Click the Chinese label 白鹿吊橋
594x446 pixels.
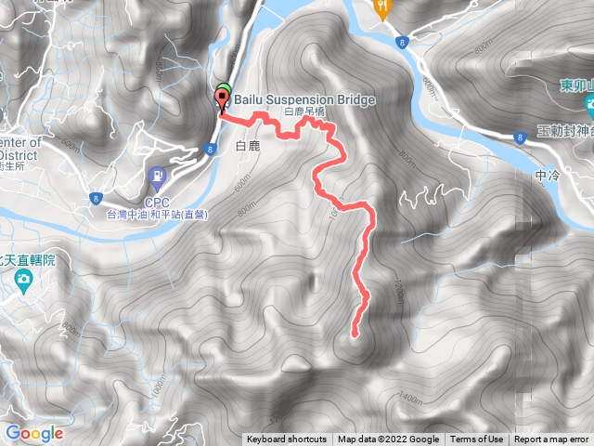tap(304, 111)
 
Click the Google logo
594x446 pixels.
tap(34, 433)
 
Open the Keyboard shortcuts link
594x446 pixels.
tap(286, 439)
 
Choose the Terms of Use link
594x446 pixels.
tap(477, 439)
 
